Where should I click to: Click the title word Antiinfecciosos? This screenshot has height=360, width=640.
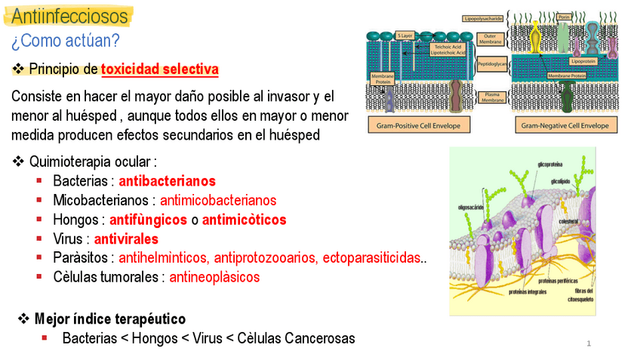[69, 16]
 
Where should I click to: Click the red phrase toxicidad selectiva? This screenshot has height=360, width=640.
[159, 69]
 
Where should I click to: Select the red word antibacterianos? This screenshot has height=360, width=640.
[167, 181]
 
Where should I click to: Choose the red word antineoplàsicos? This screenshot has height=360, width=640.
[214, 277]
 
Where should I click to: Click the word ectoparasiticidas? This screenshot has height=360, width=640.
[371, 258]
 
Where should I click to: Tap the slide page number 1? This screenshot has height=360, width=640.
[589, 344]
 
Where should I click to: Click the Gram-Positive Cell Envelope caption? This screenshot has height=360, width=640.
[418, 124]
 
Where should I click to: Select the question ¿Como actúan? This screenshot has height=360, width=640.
[65, 40]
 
